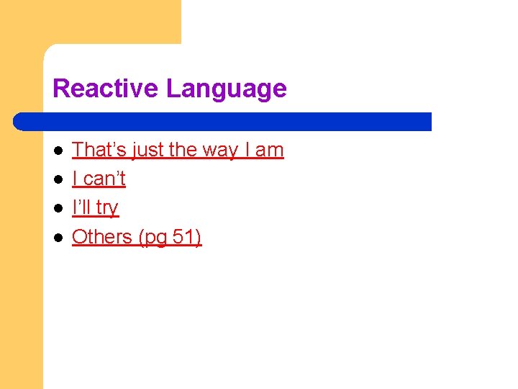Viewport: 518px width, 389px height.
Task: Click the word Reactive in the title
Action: pyautogui.click(x=106, y=89)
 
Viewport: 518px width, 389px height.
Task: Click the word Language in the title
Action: pyautogui.click(x=226, y=89)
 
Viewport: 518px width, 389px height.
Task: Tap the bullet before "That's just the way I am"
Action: pyautogui.click(x=58, y=151)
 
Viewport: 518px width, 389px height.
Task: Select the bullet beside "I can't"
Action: pyautogui.click(x=58, y=179)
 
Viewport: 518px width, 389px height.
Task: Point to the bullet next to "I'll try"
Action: pyautogui.click(x=58, y=208)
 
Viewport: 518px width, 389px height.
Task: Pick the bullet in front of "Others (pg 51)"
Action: pyautogui.click(x=58, y=237)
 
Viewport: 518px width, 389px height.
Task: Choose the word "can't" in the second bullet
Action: pyautogui.click(x=104, y=179)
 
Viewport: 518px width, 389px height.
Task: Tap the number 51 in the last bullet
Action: pyautogui.click(x=184, y=236)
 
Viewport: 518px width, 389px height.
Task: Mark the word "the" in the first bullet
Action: pyautogui.click(x=182, y=150)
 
